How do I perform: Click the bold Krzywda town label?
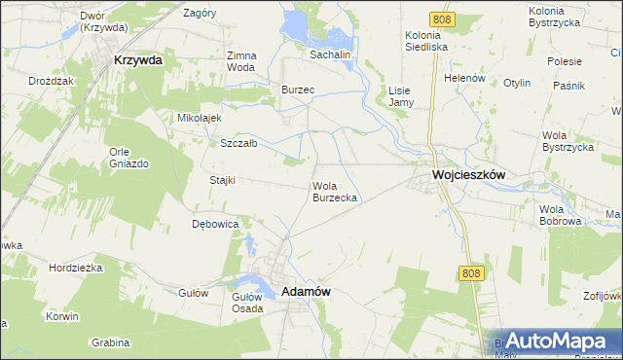(x=138, y=59)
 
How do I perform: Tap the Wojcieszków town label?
(x=468, y=176)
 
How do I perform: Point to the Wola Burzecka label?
(x=336, y=192)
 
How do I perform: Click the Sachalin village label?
(x=330, y=55)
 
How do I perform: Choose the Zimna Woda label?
(x=240, y=61)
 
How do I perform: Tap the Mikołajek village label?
(x=200, y=118)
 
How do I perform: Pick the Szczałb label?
(x=238, y=143)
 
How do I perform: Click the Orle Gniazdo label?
(x=128, y=158)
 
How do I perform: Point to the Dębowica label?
(x=215, y=224)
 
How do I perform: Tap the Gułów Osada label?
(x=247, y=302)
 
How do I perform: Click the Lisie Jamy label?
(x=401, y=95)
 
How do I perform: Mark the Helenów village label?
(x=463, y=78)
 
